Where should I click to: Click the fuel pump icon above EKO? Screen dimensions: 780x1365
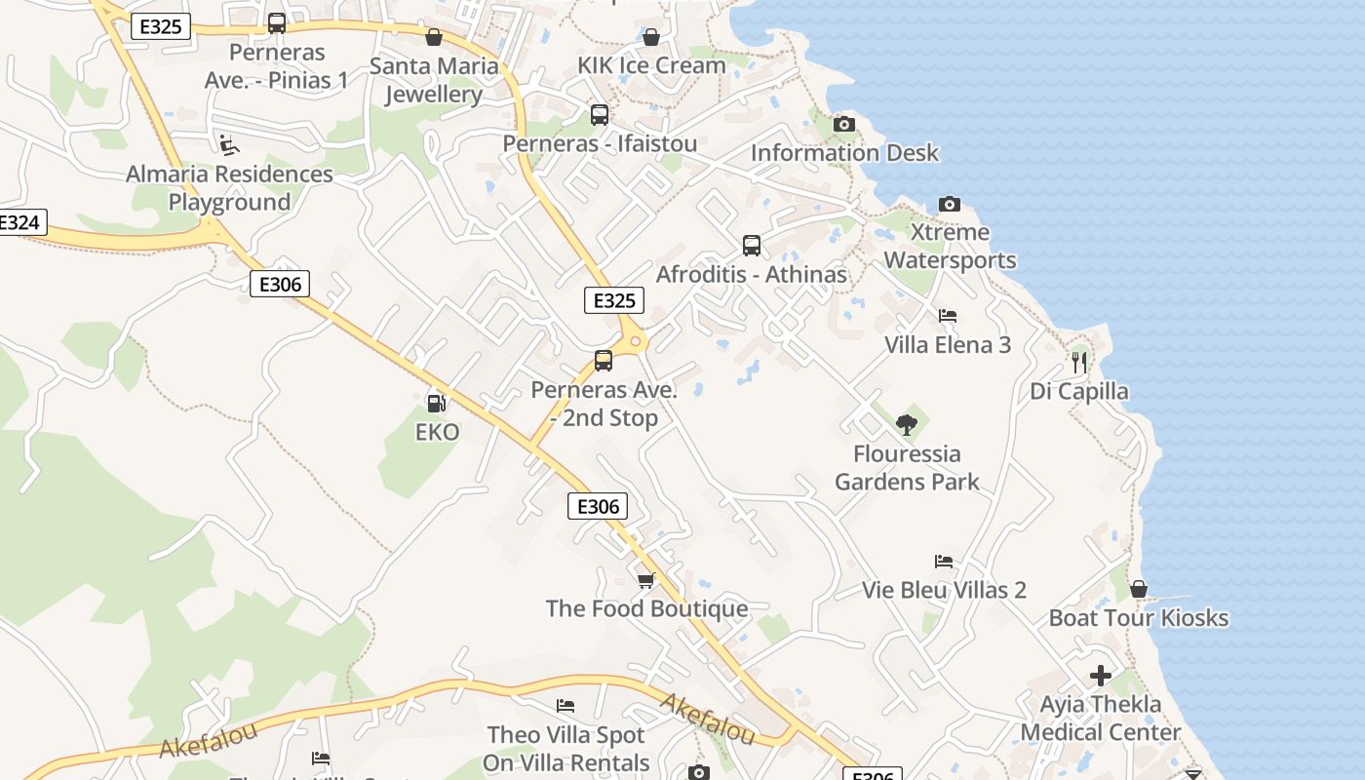436,403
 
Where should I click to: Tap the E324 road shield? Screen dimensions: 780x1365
19,222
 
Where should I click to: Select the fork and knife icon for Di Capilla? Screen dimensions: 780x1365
1078,363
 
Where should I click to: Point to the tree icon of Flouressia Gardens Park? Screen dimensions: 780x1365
907,425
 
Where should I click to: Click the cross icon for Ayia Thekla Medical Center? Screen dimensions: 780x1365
1101,676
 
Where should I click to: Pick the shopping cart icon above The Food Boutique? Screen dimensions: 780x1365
645,580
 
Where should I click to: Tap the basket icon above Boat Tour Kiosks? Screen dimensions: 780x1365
1138,589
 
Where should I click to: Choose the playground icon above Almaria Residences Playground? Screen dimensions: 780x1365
229,145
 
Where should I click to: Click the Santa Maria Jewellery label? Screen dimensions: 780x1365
434,80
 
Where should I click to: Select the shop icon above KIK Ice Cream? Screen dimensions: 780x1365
651,37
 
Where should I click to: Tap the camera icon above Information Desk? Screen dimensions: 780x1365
844,124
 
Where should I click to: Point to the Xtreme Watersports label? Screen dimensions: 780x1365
950,246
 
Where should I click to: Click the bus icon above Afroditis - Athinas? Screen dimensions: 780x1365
751,246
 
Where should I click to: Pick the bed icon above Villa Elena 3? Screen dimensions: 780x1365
947,316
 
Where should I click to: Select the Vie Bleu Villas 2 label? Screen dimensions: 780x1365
944,590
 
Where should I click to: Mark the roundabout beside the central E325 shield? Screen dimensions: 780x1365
636,341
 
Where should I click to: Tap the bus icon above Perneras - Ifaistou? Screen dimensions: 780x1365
600,115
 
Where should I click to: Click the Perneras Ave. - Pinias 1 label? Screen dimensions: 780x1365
277,65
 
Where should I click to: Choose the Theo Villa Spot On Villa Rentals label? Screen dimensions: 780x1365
566,748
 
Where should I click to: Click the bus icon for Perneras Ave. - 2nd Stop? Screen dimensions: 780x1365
604,361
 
